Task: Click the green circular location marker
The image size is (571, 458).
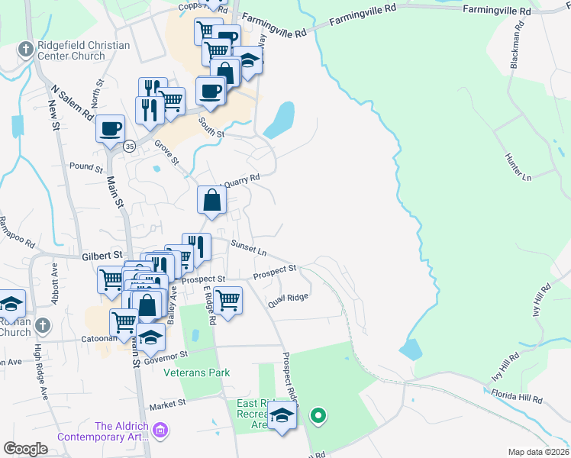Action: (x=318, y=416)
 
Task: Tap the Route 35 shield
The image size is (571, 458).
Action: (x=130, y=147)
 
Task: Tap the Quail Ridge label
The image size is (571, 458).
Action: (x=288, y=300)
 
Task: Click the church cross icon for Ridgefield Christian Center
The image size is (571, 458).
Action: (x=25, y=50)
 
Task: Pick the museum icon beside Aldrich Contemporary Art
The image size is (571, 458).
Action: (x=160, y=432)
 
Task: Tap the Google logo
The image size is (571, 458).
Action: (x=26, y=449)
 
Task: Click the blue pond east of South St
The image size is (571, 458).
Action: (x=279, y=120)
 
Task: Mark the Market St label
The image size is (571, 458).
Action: (x=168, y=404)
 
